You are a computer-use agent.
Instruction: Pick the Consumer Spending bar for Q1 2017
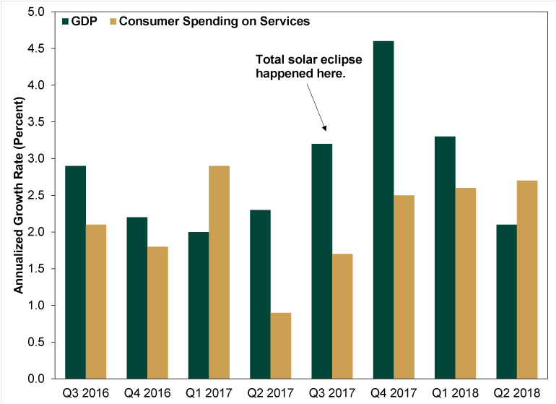[x=219, y=272]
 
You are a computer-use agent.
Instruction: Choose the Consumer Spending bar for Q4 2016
[x=157, y=312]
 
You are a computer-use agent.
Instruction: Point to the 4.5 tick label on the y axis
[x=35, y=49]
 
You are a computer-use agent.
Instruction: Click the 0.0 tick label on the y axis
[x=35, y=379]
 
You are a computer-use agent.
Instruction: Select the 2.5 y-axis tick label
[x=35, y=196]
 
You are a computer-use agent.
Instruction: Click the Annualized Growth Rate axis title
[x=19, y=195]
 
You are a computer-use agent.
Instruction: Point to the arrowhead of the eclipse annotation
[x=326, y=129]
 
